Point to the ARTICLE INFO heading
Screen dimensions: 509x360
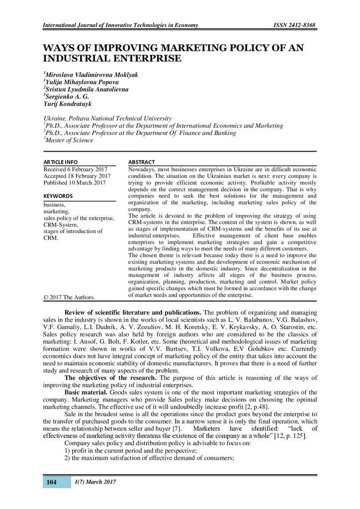61,162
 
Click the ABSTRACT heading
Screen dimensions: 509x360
142,162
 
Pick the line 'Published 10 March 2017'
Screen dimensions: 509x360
75,183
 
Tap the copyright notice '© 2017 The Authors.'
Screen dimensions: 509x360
69,297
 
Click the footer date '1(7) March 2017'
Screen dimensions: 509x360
94,482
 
